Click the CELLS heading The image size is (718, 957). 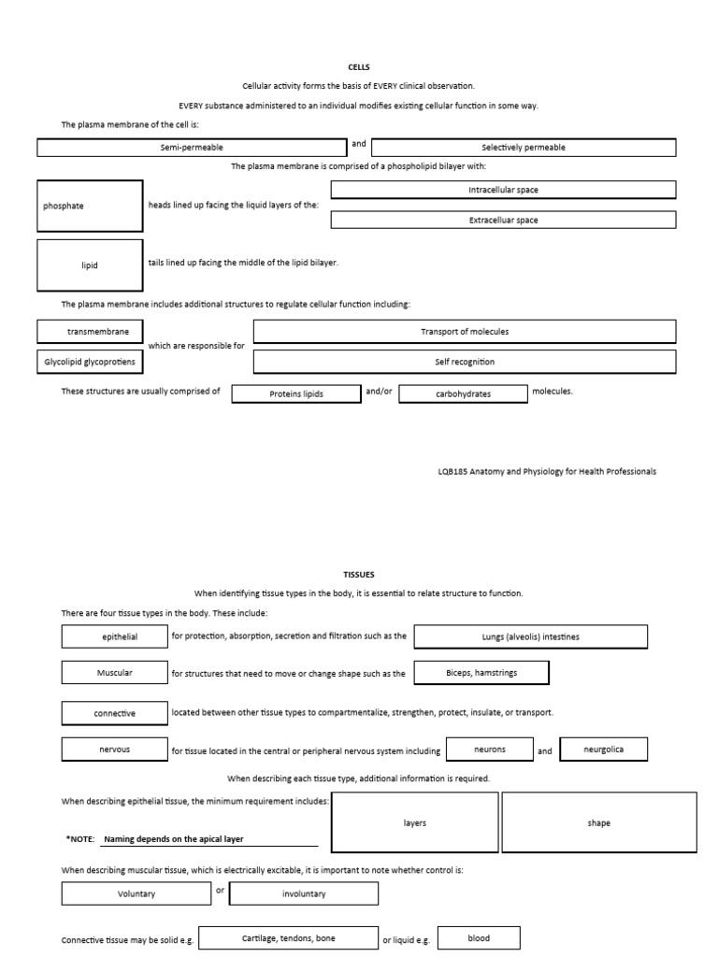click(359, 67)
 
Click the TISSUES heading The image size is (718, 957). click(359, 575)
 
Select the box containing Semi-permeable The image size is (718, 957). click(192, 148)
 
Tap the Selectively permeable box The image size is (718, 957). click(524, 148)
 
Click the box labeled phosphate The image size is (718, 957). click(90, 206)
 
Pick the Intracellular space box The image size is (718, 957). click(503, 190)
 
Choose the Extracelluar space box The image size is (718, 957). click(503, 221)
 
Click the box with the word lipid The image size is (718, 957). click(90, 265)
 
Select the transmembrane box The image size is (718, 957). click(90, 332)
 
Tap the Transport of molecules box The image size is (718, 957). click(465, 332)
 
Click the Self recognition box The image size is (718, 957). click(465, 362)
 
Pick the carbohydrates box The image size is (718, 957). click(463, 393)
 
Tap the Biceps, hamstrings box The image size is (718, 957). click(481, 673)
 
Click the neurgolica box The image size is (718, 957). click(603, 750)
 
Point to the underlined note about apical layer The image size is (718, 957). click(173, 839)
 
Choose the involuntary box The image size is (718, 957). click(304, 894)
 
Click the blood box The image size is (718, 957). click(479, 938)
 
